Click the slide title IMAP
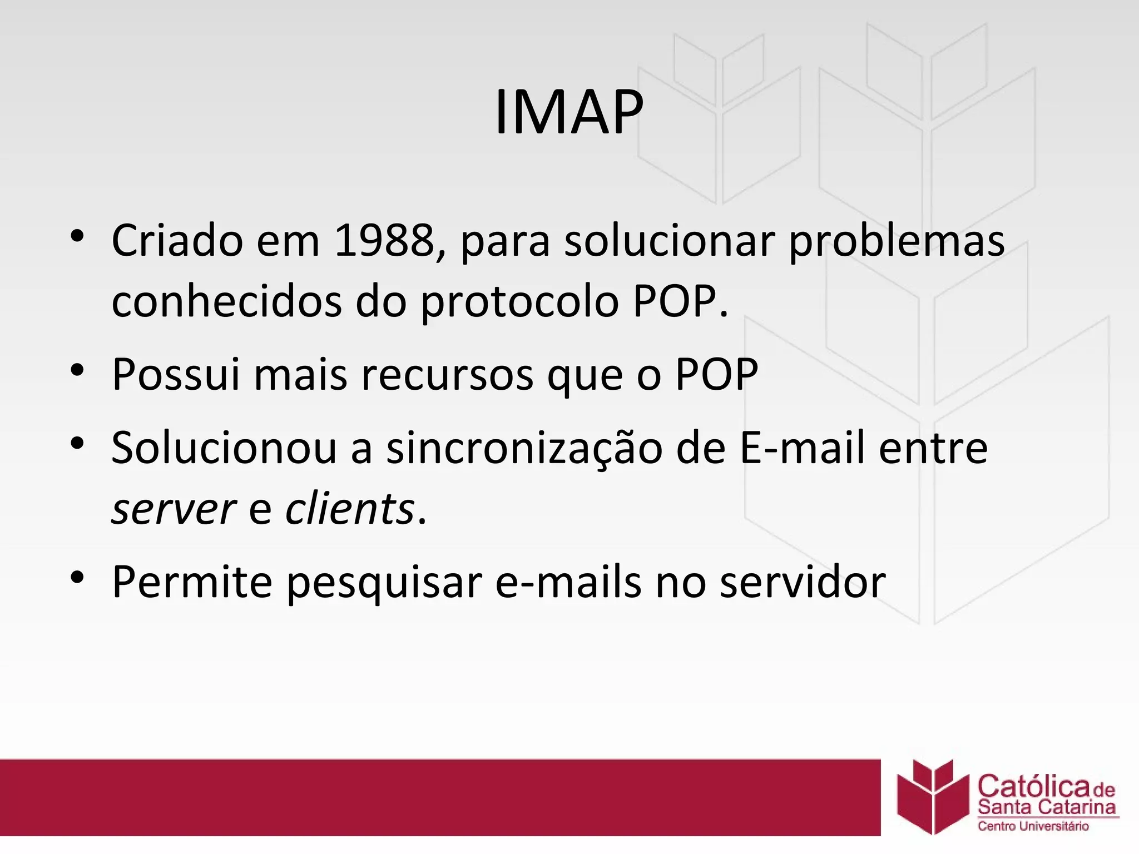(568, 113)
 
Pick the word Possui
(176, 374)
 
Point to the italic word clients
(350, 508)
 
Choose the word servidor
(803, 582)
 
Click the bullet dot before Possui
(77, 370)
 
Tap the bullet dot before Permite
(77, 577)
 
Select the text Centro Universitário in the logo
(1033, 826)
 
